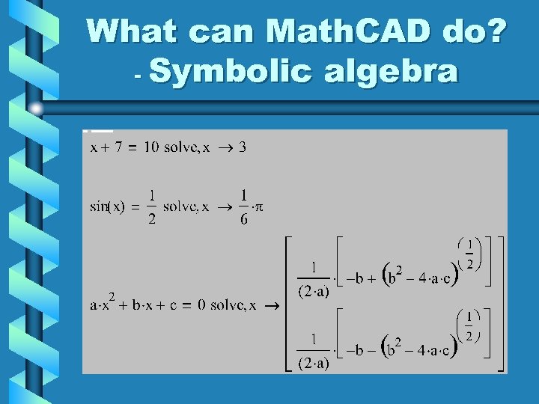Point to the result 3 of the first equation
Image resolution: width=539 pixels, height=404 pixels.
point(243,147)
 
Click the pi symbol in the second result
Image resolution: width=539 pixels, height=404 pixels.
point(258,207)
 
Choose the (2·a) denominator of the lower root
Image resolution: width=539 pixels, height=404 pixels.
point(313,364)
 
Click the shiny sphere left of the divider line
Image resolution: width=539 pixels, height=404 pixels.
point(35,109)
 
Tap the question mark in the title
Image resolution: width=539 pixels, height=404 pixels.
point(495,31)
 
